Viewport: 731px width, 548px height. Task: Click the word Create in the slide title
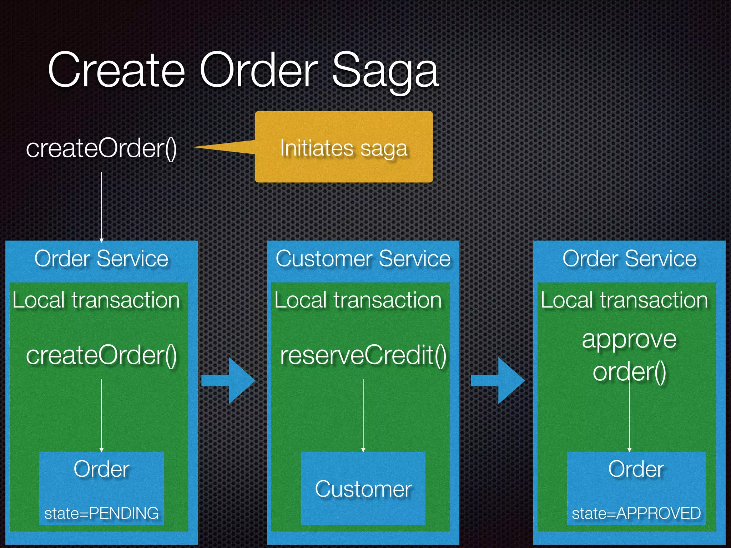116,70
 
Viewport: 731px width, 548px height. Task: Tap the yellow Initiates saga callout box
344,147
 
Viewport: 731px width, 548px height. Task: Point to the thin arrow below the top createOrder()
101,207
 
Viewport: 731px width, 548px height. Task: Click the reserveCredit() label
363,355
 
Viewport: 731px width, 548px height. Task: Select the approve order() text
629,355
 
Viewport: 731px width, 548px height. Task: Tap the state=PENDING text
101,513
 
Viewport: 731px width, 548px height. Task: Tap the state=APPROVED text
636,513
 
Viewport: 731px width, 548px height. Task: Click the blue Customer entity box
363,488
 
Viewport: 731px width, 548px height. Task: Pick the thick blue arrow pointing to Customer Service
228,381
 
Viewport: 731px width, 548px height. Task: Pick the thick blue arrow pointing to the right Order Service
498,381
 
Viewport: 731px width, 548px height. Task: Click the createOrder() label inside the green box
101,355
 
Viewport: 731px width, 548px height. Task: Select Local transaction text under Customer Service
358,300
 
